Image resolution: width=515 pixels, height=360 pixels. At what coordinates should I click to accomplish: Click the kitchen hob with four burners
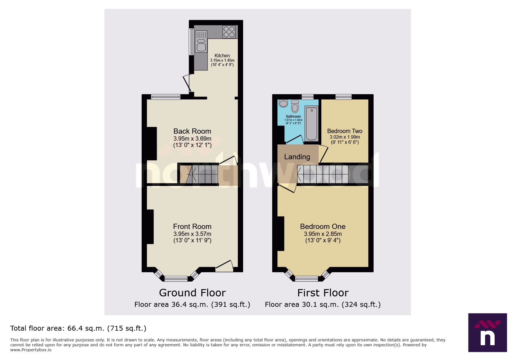coord(229,32)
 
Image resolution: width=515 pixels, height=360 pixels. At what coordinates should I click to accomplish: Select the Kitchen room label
coord(222,55)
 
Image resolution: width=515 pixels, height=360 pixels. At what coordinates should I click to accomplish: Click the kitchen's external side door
coord(187,83)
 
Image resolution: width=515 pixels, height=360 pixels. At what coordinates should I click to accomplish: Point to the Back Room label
coord(192,131)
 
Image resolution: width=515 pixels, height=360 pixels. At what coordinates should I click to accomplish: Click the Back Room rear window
coord(166,97)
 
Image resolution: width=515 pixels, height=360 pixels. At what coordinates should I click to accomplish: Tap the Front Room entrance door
coord(224,266)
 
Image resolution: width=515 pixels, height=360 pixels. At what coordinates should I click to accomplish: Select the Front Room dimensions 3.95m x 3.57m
coord(192,234)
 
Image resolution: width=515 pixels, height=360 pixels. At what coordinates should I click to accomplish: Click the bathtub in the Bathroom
coord(311,123)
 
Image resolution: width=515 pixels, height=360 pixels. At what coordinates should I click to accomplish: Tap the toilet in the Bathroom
coord(295,106)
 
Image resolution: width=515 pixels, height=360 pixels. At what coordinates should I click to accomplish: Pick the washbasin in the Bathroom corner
coord(283,103)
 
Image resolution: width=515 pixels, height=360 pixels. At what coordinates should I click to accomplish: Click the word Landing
coord(297,157)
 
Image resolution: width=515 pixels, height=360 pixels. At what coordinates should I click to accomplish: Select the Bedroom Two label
coord(345,131)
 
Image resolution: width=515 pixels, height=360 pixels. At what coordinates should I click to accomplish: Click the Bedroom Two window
coord(343,97)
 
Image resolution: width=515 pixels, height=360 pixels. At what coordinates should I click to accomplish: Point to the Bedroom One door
coord(287,189)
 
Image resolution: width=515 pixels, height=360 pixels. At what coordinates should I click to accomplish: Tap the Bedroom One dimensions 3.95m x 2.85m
coord(323,234)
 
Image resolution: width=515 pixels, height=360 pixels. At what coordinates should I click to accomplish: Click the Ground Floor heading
coord(192,293)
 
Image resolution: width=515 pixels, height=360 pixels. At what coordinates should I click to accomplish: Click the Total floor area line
coord(78,328)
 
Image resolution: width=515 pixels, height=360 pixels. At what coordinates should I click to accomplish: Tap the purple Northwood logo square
coord(487,332)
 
